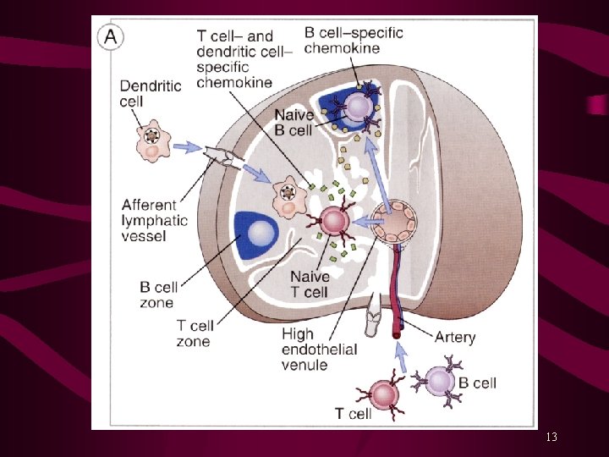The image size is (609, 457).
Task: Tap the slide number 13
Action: pos(551,438)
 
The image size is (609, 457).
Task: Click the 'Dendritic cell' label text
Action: pos(150,93)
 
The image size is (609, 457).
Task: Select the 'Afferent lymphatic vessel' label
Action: pos(149,220)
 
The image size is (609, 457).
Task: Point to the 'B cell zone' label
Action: pos(156,295)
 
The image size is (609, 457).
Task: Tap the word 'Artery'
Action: pos(454,338)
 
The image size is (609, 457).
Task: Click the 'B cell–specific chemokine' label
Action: pos(354,41)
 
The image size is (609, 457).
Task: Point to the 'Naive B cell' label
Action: pos(294,123)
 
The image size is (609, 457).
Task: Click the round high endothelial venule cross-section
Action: pos(395,222)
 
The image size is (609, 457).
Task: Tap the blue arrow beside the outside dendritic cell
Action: pos(187,149)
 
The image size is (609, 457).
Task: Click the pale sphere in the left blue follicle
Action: pos(261,232)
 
